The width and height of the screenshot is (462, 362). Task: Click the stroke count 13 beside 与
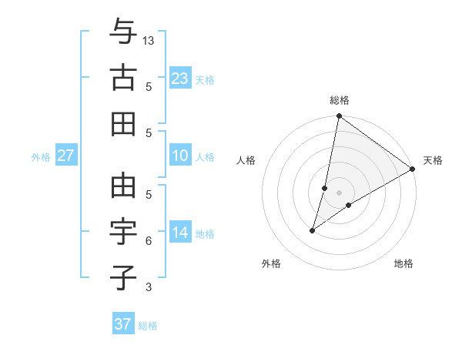149,40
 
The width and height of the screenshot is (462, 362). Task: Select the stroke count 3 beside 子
149,287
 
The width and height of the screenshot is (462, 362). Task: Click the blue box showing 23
180,78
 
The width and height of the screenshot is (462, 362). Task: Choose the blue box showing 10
180,156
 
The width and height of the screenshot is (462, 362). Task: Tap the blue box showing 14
180,233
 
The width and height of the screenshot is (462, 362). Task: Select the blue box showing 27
65,156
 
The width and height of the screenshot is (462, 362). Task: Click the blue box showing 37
123,324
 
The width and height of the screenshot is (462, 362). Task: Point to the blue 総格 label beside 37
149,326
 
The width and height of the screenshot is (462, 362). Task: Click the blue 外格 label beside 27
41,157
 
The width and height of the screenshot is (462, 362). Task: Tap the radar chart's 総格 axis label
339,100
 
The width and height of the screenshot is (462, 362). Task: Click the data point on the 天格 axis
413,169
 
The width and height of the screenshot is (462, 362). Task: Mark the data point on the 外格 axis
313,230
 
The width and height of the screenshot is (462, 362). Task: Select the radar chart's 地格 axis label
403,263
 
